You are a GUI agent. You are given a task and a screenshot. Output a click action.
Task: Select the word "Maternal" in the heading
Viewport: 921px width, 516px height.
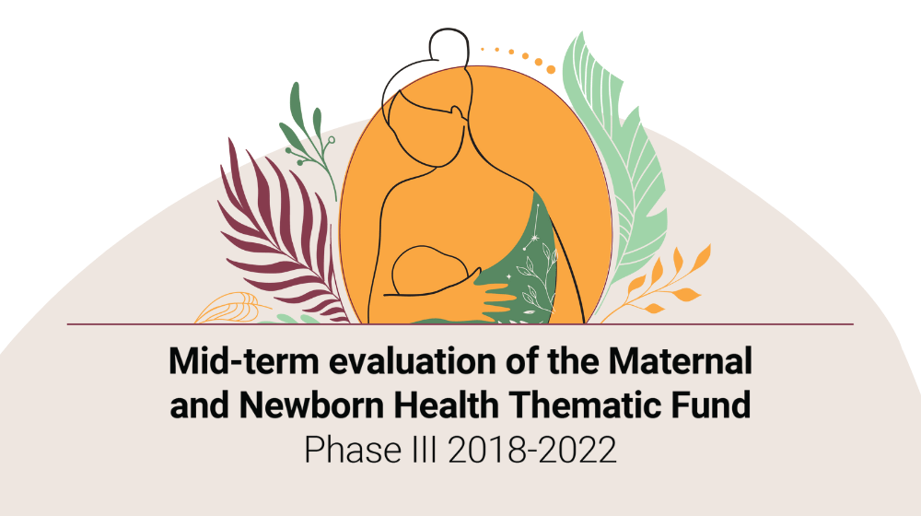[x=680, y=361]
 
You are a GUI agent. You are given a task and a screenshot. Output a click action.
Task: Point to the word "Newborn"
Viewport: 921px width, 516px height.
[x=311, y=405]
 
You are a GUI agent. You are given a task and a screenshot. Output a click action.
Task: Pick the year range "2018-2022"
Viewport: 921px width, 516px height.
[x=532, y=451]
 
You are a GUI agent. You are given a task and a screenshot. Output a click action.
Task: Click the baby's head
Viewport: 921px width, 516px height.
[x=430, y=270]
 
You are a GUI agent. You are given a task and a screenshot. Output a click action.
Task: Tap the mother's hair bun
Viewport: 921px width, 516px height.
[x=449, y=46]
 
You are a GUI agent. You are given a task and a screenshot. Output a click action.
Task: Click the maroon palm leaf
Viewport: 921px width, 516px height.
[x=276, y=235]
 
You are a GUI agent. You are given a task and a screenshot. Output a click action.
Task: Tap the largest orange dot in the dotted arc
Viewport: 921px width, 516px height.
[x=551, y=70]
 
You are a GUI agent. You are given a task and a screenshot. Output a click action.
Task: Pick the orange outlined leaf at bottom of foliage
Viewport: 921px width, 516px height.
[x=230, y=309]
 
